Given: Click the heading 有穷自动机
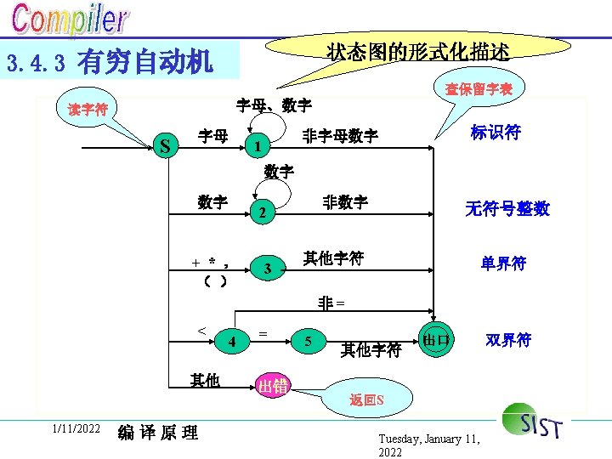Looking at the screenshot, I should (x=145, y=62).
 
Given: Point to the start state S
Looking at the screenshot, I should (x=166, y=147).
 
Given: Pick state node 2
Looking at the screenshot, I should (x=263, y=212).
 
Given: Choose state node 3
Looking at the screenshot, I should (x=267, y=269).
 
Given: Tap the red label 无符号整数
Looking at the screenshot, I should (x=507, y=208).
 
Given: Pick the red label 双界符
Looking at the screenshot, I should (x=508, y=340).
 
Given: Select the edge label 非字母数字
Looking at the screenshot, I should (x=341, y=136).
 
